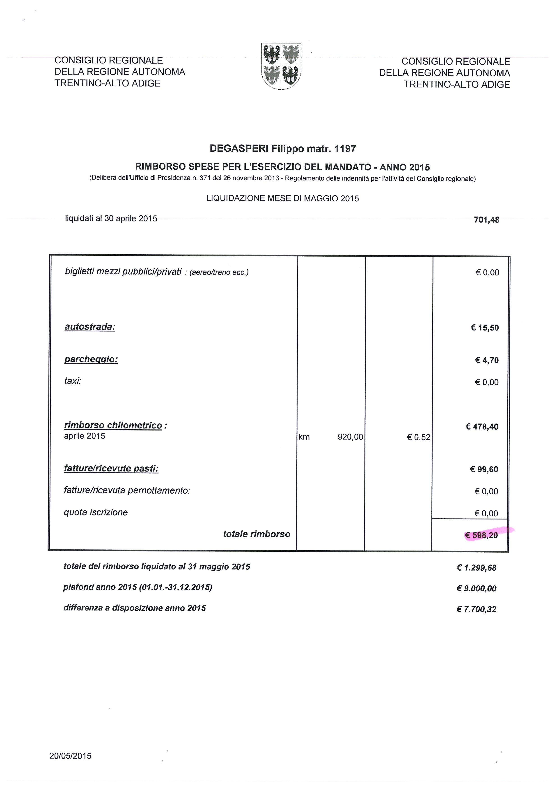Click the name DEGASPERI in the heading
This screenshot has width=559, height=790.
pyautogui.click(x=239, y=149)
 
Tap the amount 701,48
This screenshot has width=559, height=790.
pyautogui.click(x=486, y=220)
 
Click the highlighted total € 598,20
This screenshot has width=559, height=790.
pyautogui.click(x=481, y=535)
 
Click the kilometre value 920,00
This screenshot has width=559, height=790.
pyautogui.click(x=350, y=437)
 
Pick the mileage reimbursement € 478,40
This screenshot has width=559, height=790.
pyautogui.click(x=482, y=427)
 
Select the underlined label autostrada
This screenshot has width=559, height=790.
pyautogui.click(x=90, y=327)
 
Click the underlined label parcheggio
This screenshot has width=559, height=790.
pyautogui.click(x=91, y=359)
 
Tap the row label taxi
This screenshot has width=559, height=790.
pyautogui.click(x=73, y=381)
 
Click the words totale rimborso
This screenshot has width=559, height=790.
pyautogui.click(x=257, y=534)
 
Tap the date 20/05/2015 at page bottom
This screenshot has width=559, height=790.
pyautogui.click(x=70, y=756)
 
